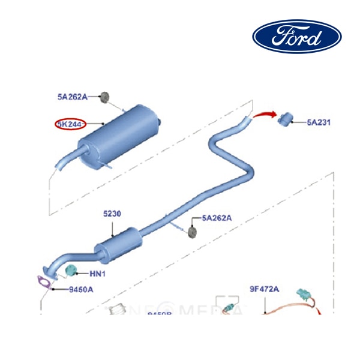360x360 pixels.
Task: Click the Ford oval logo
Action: [x=296, y=37]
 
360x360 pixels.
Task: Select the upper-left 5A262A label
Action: [x=72, y=96]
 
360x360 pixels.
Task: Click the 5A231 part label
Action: [x=319, y=122]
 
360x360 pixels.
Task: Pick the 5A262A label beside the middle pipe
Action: [x=217, y=218]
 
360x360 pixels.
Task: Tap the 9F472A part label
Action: [x=265, y=289]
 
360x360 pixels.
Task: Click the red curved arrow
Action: [x=264, y=115]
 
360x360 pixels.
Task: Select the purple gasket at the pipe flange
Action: [x=43, y=280]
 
